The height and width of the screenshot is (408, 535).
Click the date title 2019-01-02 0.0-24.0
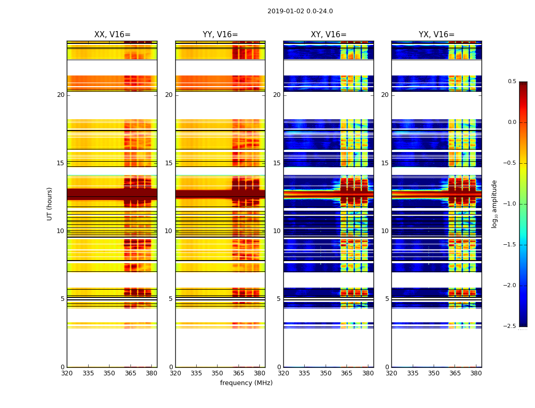(x=300, y=11)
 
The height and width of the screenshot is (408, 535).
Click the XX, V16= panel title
(x=112, y=35)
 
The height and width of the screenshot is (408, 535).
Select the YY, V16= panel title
(x=220, y=35)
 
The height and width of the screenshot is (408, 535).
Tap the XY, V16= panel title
(x=329, y=35)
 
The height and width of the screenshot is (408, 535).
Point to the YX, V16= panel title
(x=436, y=35)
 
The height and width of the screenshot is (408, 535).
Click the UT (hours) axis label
(x=50, y=203)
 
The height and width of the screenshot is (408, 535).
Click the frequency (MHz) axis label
(x=246, y=383)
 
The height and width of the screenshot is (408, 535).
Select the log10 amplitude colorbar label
(x=494, y=203)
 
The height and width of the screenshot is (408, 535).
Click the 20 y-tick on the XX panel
(x=61, y=95)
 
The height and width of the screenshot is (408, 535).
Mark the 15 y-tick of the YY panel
(x=169, y=163)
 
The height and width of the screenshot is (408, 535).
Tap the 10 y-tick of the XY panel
(x=277, y=231)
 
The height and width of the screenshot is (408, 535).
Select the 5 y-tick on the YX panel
(x=387, y=299)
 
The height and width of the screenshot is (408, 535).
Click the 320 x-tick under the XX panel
(x=67, y=373)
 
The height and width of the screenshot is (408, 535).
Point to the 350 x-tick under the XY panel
(x=326, y=373)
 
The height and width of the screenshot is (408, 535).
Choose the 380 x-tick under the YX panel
(x=476, y=373)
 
